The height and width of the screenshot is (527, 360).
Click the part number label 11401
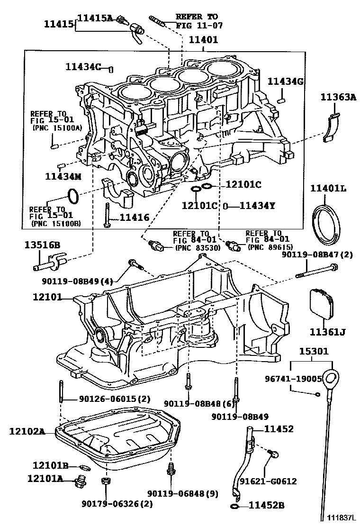pos(203,40)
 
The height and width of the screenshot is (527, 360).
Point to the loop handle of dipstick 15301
pos(333,378)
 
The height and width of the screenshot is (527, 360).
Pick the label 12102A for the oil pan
pos(27,431)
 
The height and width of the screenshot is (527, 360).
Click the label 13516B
pos(42,245)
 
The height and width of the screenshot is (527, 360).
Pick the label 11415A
pos(95,18)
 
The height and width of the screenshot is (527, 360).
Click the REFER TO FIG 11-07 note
pos(199,21)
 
